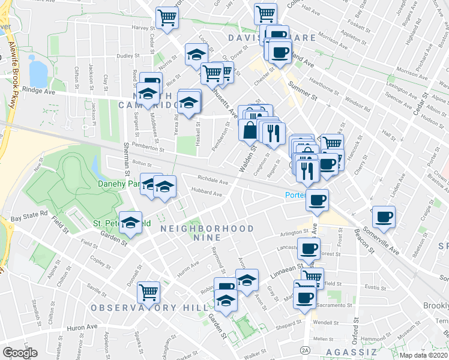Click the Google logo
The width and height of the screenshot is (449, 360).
pyautogui.click(x=20, y=353)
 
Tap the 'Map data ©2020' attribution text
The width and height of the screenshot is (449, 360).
pyautogui.click(x=423, y=355)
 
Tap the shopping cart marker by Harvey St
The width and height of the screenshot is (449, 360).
pyautogui.click(x=167, y=17)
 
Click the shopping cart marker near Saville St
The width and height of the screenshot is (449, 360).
pyautogui.click(x=148, y=292)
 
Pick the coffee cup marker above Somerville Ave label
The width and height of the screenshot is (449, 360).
pyautogui.click(x=384, y=216)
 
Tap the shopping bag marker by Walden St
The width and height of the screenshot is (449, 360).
pyautogui.click(x=249, y=130)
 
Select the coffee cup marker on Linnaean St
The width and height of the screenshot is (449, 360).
pyautogui.click(x=309, y=248)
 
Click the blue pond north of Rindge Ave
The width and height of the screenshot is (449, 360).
pyautogui.click(x=38, y=73)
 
